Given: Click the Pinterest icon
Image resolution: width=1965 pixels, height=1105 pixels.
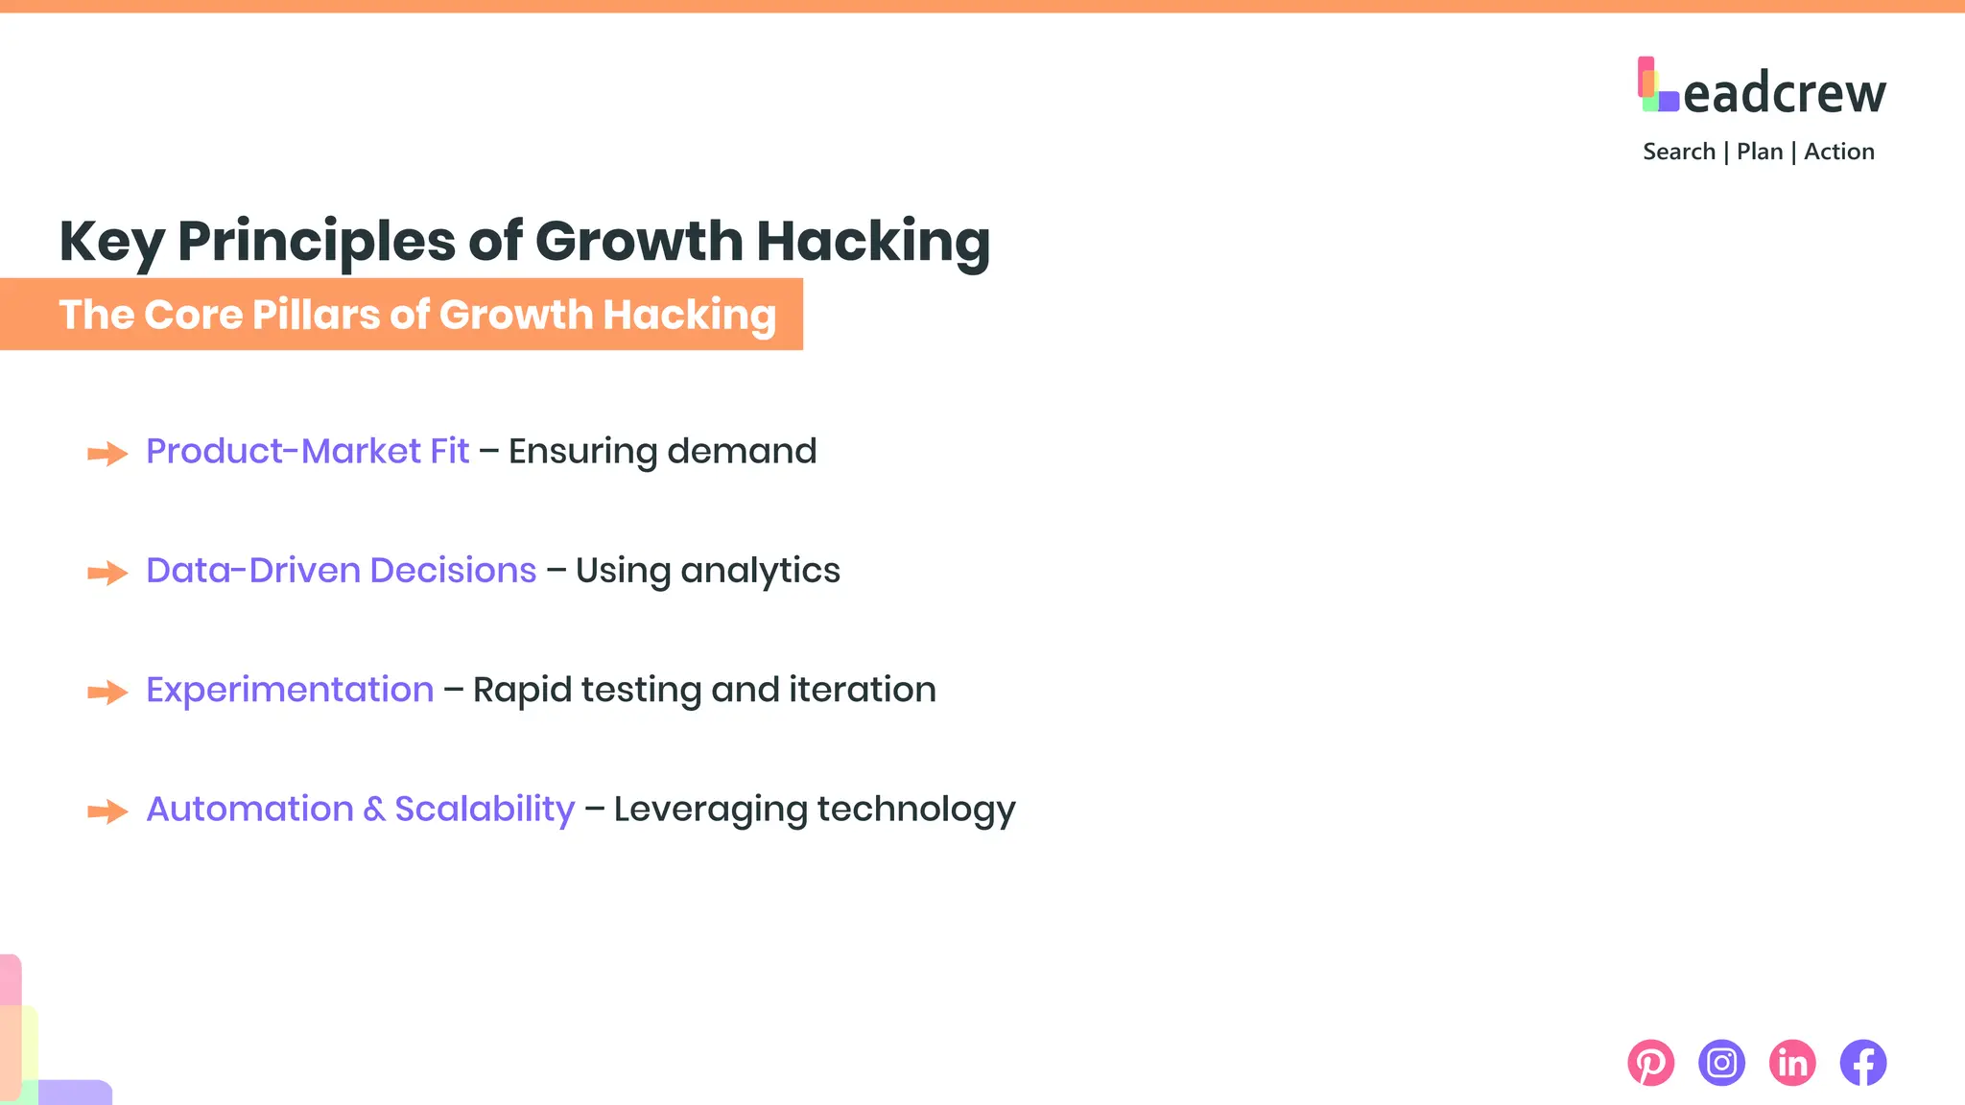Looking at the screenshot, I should pos(1650,1063).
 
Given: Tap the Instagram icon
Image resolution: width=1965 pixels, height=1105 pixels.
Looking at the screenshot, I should pos(1721,1063).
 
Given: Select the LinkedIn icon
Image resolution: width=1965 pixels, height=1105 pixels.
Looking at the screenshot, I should pos(1792,1063).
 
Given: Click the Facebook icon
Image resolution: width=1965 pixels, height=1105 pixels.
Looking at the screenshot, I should pos(1863,1063).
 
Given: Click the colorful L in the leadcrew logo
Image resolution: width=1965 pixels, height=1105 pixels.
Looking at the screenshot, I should pos(1657,85).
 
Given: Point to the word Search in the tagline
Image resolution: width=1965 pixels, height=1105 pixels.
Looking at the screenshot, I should pos(1678,152).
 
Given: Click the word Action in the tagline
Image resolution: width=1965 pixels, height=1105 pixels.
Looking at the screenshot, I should pos(1838,152).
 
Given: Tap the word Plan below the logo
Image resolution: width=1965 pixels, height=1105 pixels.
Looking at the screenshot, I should pos(1759,152).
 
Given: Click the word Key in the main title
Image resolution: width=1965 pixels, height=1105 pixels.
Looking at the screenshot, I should pos(111,242).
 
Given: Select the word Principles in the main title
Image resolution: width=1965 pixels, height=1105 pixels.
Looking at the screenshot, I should pos(316,242).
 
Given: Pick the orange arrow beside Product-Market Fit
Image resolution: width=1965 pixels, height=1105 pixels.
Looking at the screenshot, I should pos(107,454).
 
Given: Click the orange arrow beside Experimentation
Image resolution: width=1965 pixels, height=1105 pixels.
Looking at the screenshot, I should pos(107,693).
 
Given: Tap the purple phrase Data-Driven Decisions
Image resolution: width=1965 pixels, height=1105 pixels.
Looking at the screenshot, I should pos(341,571).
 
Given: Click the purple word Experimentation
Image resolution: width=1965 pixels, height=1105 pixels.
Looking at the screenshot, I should pos(290,690).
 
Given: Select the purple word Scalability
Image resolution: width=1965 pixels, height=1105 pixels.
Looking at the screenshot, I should pos(485,810).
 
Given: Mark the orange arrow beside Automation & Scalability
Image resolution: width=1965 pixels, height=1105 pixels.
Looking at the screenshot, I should pos(107,811).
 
